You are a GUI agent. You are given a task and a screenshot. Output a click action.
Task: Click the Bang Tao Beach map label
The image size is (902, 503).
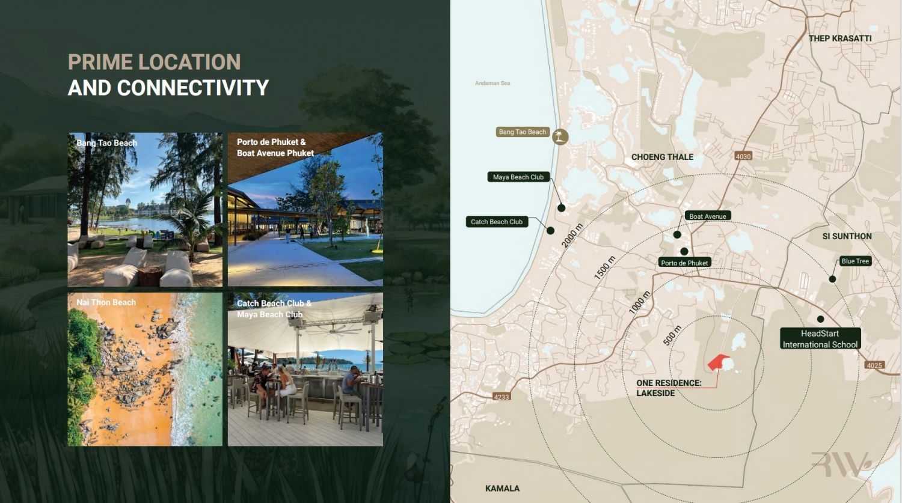(523, 132)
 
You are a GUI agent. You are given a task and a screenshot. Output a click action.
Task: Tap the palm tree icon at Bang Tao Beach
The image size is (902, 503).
(560, 136)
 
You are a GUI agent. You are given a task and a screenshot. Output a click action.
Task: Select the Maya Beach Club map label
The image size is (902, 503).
(518, 177)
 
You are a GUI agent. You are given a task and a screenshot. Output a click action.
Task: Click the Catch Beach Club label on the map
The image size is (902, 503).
(497, 222)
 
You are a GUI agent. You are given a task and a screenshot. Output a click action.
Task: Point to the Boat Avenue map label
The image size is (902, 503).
(708, 216)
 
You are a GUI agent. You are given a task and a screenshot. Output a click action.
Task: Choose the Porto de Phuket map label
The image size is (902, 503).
(684, 263)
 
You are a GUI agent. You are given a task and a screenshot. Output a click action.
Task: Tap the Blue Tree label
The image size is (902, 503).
(855, 261)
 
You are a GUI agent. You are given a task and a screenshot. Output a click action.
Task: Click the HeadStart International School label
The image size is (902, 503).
(820, 339)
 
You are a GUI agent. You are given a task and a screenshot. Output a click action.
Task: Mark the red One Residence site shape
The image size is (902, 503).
(719, 362)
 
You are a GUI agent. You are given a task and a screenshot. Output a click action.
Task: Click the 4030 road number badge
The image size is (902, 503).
(743, 156)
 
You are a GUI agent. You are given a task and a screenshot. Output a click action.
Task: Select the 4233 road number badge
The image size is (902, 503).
(502, 397)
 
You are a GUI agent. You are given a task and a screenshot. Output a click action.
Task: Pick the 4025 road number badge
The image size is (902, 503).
(874, 365)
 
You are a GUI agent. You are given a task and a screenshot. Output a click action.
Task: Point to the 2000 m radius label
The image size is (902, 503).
(572, 236)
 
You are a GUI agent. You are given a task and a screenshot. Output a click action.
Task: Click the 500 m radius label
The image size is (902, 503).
(672, 335)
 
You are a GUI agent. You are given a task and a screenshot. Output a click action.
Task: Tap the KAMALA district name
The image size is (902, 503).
(502, 489)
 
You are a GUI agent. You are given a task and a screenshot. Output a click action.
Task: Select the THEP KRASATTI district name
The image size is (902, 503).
(840, 38)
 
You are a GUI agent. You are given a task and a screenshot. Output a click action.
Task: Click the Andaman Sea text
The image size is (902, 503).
(492, 84)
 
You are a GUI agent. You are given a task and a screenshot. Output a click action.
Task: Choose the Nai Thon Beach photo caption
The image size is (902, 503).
(106, 302)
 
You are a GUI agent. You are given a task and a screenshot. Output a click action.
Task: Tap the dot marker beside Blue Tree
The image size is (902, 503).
(832, 279)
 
